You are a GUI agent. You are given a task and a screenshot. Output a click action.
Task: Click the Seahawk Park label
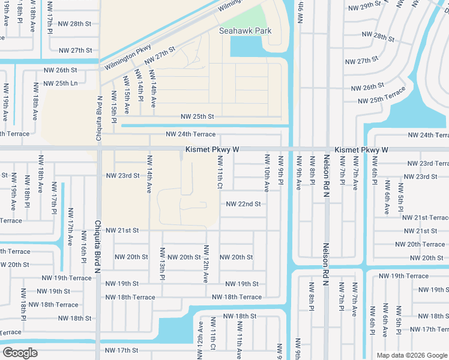click(245, 31)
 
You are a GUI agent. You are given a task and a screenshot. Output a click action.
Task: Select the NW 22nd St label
click(243, 204)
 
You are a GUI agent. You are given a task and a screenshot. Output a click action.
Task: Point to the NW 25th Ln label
click(61, 83)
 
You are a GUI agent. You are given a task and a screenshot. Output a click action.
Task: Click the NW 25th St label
click(197, 116)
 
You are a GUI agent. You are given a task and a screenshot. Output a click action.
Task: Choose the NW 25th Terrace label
click(382, 98)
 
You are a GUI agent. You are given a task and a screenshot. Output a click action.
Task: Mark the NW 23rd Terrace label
click(427, 163)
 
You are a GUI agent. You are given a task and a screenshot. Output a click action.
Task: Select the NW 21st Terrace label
click(425, 218)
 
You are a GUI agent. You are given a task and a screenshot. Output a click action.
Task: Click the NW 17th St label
click(122, 350)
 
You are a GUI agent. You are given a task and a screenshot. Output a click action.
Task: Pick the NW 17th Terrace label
click(427, 329)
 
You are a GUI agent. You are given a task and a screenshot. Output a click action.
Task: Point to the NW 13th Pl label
click(162, 263)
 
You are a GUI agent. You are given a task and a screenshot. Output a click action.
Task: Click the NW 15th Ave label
click(127, 95)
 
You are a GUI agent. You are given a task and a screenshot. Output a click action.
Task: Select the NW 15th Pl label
click(113, 108)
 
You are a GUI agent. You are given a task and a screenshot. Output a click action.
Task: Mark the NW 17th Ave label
click(70, 227)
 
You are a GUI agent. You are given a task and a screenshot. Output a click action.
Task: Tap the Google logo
click(20, 353)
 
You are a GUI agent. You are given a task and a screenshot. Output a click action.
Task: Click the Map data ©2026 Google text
click(411, 355)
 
